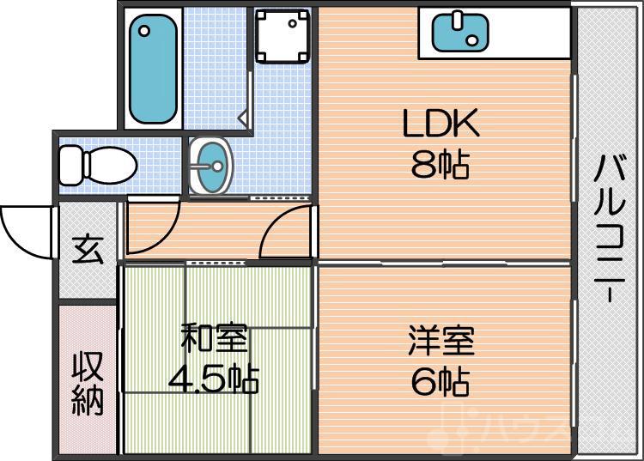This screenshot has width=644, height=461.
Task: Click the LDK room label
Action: click(440, 126)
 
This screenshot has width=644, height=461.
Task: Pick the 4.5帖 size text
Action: click(215, 378)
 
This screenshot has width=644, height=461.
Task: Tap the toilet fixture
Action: click(97, 163)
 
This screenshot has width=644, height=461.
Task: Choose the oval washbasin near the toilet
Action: click(210, 164)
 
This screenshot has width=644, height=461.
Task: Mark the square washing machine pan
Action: click(282, 36)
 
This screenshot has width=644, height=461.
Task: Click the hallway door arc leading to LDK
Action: click(285, 234)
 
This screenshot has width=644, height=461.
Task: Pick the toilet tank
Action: click(69, 163)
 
